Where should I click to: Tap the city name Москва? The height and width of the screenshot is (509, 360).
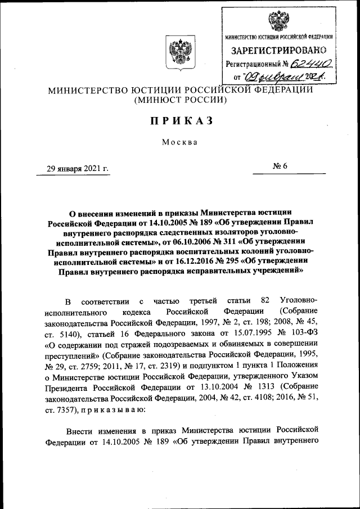click(x=180, y=142)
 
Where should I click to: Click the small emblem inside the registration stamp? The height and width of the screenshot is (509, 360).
click(x=278, y=21)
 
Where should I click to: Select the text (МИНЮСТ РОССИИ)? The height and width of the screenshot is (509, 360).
click(x=179, y=100)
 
